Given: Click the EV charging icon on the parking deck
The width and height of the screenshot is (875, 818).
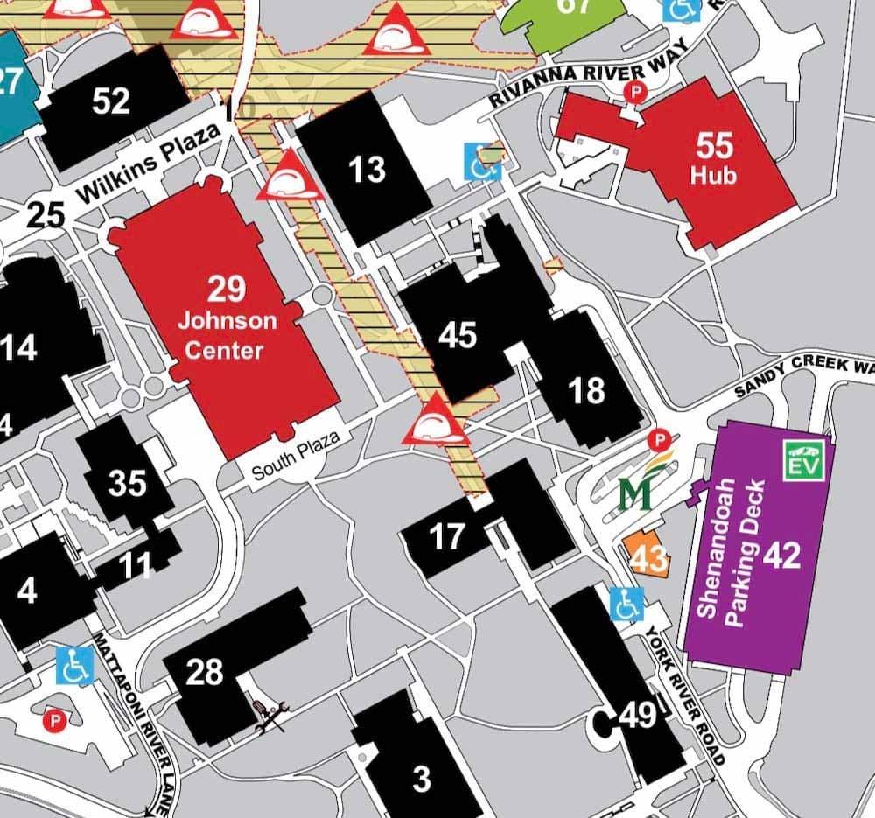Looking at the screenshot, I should point(803,460).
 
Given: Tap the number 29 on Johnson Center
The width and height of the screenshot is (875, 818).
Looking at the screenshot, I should point(227,289).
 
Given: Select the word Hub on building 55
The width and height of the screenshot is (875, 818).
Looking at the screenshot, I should point(713,175).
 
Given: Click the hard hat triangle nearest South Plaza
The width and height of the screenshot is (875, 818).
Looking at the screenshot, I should point(434,421).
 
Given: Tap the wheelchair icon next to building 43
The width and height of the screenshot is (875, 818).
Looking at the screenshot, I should point(626,605).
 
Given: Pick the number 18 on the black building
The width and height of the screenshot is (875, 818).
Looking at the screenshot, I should point(586,390).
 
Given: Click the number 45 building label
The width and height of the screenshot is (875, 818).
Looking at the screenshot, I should point(458,335).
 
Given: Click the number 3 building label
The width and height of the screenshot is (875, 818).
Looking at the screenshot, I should point(422,778).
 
